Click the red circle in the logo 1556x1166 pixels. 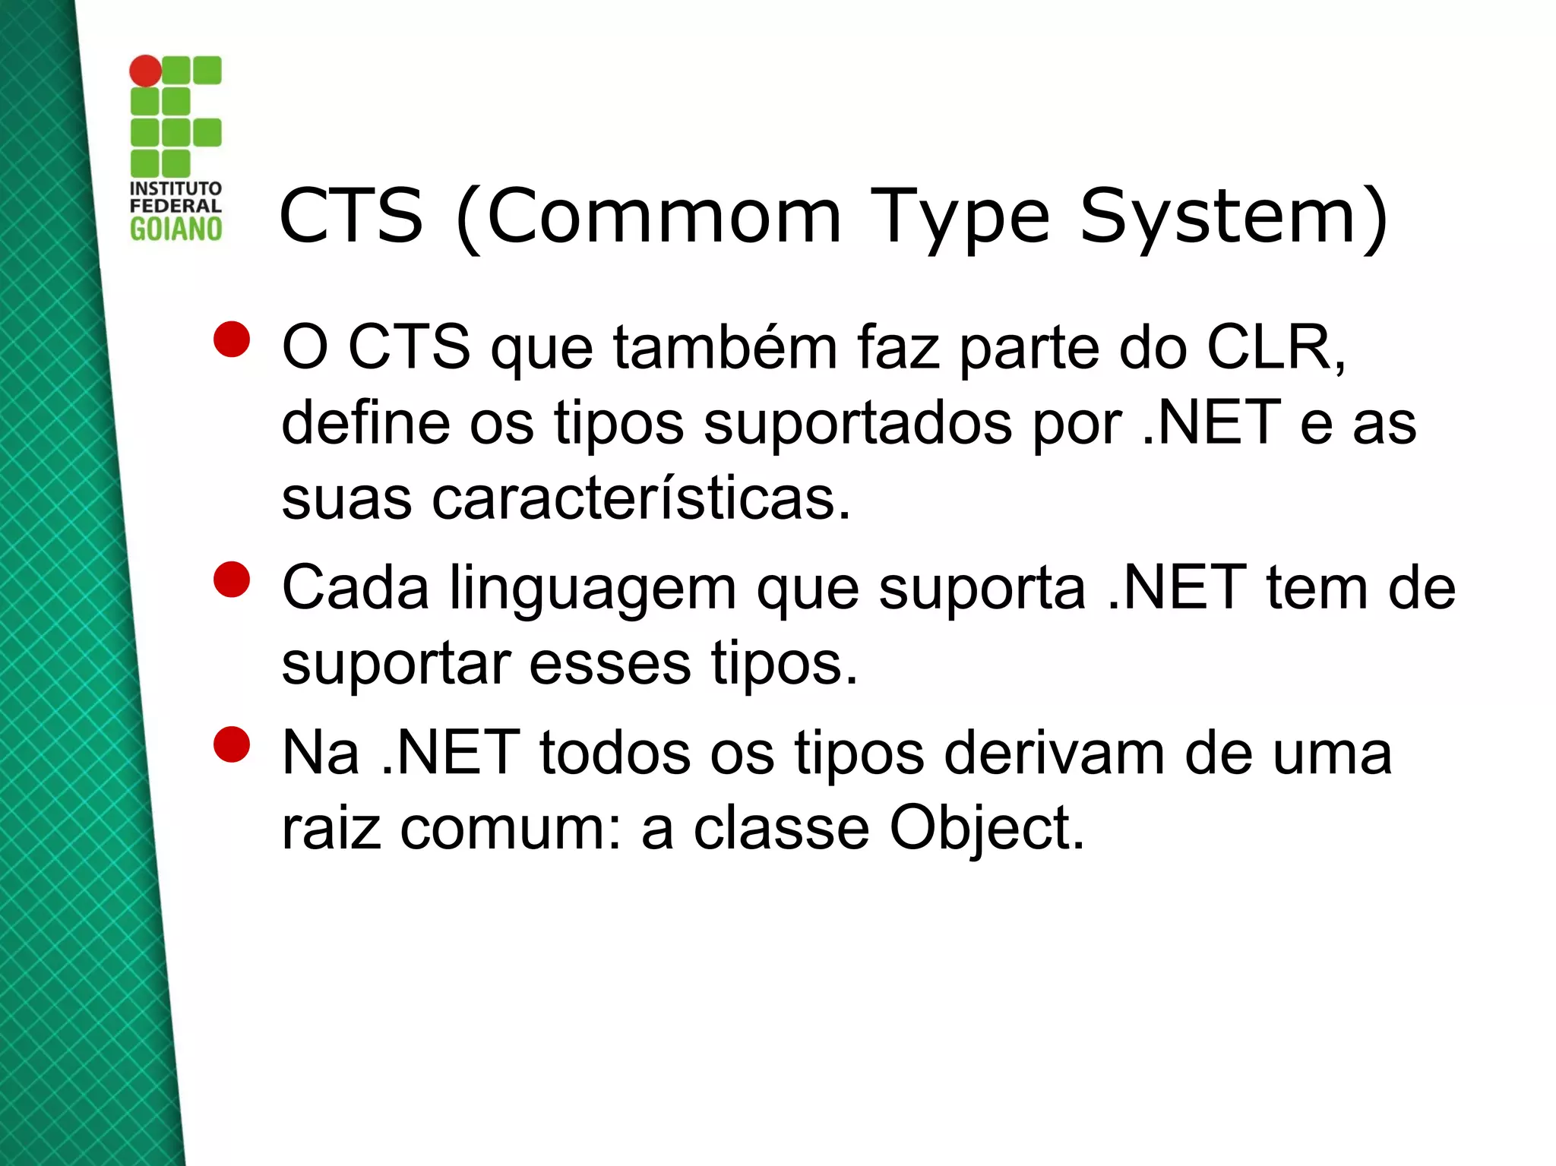click(x=145, y=71)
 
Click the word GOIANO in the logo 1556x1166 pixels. click(x=176, y=229)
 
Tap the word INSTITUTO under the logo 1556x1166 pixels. click(x=176, y=188)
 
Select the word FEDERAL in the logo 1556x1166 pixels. click(x=176, y=206)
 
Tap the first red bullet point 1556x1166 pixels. click(x=232, y=340)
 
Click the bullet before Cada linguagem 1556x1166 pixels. click(x=232, y=580)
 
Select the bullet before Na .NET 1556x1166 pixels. click(x=232, y=744)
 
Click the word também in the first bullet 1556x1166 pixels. click(x=725, y=347)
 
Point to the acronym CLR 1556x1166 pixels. click(x=1273, y=347)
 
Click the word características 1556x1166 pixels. click(x=641, y=499)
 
